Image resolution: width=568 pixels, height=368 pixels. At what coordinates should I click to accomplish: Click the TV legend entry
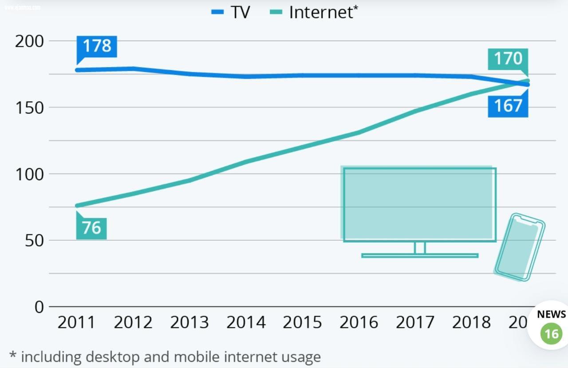point(231,12)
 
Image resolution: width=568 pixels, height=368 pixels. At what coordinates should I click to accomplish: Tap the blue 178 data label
point(97,46)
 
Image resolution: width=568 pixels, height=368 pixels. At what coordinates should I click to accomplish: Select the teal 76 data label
point(91,228)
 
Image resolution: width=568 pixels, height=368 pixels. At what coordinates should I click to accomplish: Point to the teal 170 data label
point(508,59)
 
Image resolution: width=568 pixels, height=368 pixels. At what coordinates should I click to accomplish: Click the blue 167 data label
point(508,106)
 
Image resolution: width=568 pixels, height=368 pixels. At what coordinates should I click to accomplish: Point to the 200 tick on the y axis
point(29,41)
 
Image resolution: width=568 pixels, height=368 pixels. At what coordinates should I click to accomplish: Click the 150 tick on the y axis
point(29,107)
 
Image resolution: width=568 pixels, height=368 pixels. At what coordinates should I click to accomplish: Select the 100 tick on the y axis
point(29,174)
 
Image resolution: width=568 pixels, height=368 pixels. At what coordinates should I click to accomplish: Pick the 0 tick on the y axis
point(39,307)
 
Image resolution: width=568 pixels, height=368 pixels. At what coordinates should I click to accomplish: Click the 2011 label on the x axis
point(76,322)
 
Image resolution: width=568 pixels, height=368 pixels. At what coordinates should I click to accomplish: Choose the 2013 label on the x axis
point(189,322)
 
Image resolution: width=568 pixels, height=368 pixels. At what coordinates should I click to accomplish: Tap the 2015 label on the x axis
point(302,322)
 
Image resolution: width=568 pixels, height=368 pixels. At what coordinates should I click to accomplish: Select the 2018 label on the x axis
point(471,322)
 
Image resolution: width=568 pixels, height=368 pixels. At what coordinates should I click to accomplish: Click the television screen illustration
point(419,204)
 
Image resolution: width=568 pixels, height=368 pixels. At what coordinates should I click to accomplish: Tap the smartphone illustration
point(520,247)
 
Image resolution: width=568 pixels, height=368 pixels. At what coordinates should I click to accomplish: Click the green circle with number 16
point(551,333)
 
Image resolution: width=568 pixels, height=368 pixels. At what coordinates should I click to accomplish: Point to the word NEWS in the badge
point(552,314)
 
